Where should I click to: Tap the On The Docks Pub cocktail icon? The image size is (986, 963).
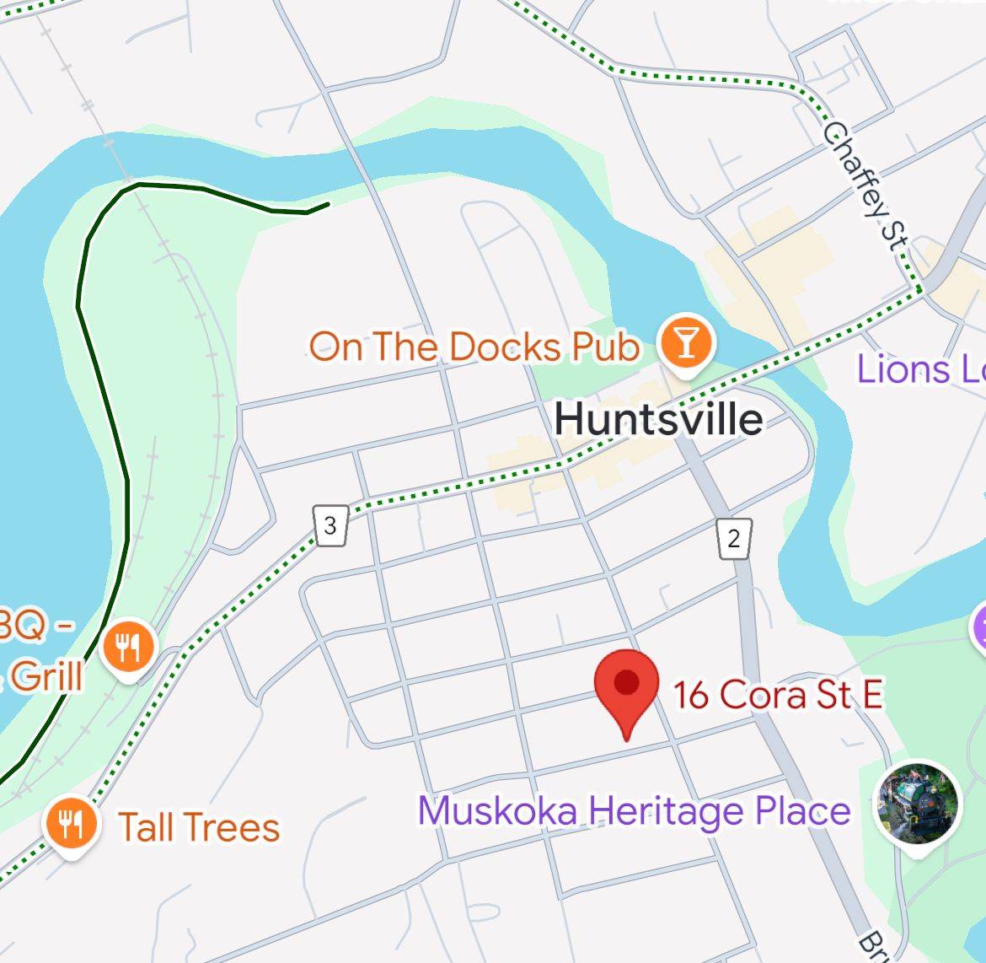pyautogui.click(x=687, y=343)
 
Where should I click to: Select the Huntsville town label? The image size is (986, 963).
pyautogui.click(x=659, y=419)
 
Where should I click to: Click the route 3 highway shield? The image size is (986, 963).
pyautogui.click(x=330, y=526)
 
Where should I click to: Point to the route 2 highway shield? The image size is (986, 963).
pyautogui.click(x=734, y=538)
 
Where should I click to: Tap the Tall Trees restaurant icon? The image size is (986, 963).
pyautogui.click(x=72, y=823)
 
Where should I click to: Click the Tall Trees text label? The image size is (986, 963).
pyautogui.click(x=199, y=827)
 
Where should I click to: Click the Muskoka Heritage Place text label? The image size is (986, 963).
pyautogui.click(x=634, y=810)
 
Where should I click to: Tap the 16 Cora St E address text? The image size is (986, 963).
pyautogui.click(x=777, y=695)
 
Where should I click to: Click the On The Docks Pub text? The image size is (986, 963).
pyautogui.click(x=474, y=347)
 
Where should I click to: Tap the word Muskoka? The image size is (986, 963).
pyautogui.click(x=497, y=810)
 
